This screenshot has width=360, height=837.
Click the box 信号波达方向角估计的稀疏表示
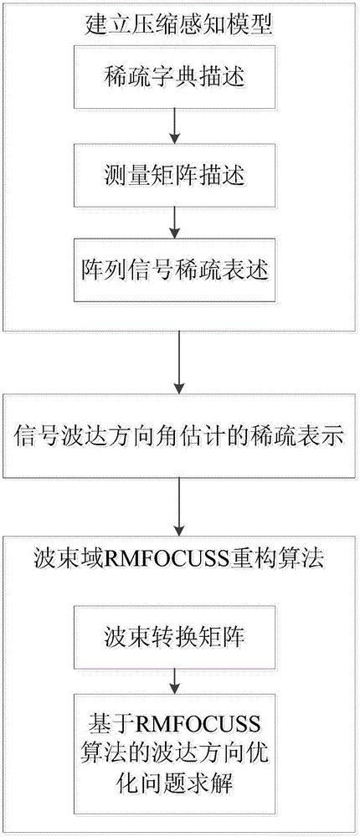point(179,435)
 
